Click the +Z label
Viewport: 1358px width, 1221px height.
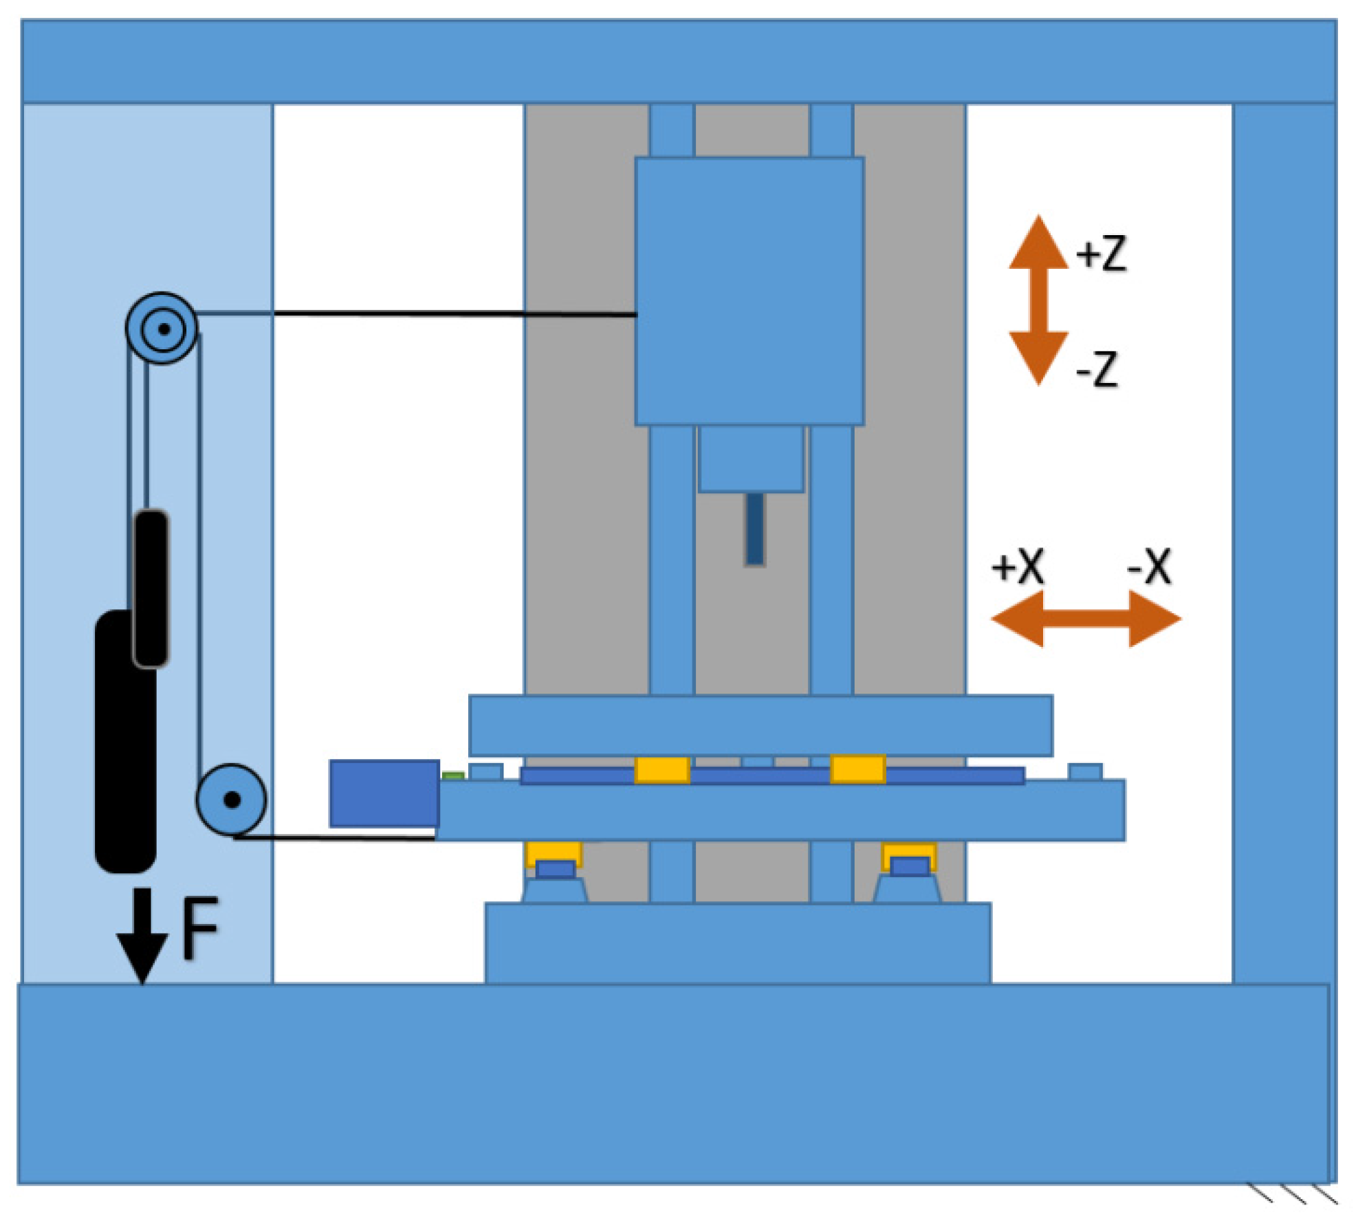pyautogui.click(x=1102, y=254)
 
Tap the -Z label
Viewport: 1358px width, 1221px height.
pyautogui.click(x=1097, y=369)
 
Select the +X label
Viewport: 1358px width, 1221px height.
pyautogui.click(x=1018, y=566)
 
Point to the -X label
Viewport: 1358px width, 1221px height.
pyautogui.click(x=1149, y=566)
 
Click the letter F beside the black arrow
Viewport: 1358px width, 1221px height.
pyautogui.click(x=199, y=929)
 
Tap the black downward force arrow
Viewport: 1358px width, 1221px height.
pyautogui.click(x=142, y=935)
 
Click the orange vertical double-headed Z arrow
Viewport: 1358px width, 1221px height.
pyautogui.click(x=1038, y=300)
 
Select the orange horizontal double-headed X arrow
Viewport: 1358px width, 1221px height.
pyautogui.click(x=1086, y=619)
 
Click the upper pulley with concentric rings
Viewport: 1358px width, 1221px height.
pyautogui.click(x=162, y=329)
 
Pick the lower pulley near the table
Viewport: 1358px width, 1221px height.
pyautogui.click(x=231, y=800)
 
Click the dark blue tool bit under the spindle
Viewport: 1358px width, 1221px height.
pyautogui.click(x=754, y=529)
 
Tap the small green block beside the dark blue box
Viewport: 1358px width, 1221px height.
pyautogui.click(x=453, y=775)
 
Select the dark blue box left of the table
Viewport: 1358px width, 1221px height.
pyautogui.click(x=384, y=793)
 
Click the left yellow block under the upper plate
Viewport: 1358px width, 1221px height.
pyautogui.click(x=661, y=769)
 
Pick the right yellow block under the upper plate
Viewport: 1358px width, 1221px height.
pyautogui.click(x=857, y=769)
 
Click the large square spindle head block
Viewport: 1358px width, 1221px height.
pyautogui.click(x=749, y=291)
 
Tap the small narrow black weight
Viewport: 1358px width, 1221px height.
pyautogui.click(x=151, y=588)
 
